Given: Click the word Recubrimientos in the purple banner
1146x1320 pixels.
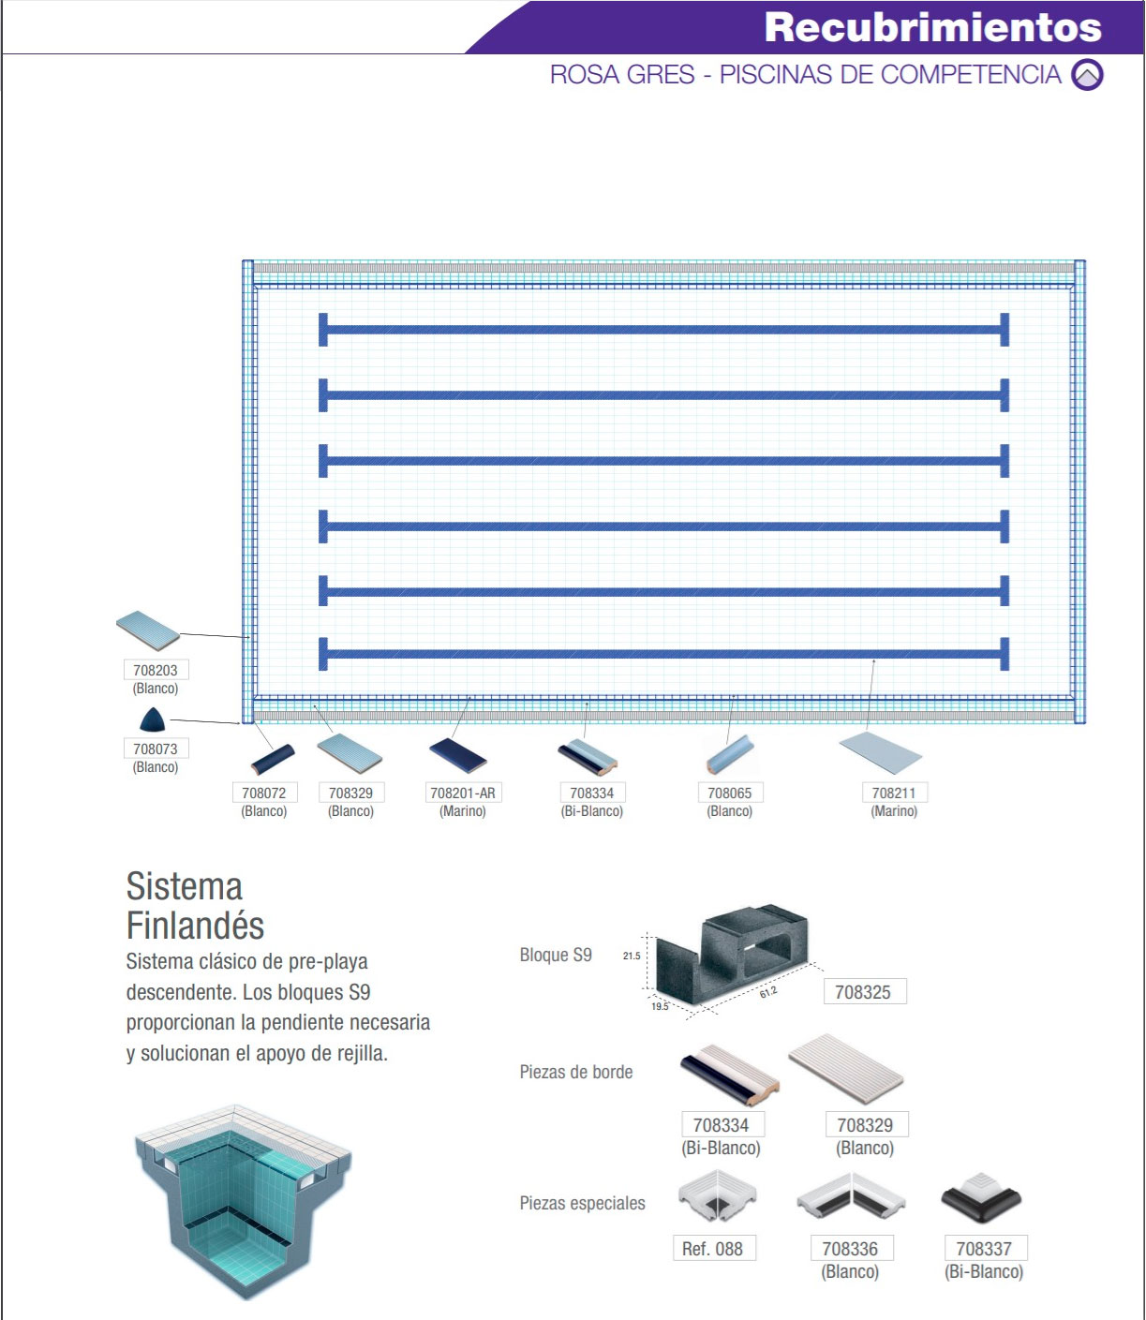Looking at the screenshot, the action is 933,28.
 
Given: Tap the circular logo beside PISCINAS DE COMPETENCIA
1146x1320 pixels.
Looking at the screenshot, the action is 1087,75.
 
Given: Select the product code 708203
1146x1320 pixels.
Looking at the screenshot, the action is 156,671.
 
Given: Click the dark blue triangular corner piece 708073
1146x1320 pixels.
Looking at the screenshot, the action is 153,719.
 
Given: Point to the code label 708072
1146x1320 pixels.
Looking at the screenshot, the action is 264,793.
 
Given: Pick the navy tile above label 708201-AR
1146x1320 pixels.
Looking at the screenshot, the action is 458,755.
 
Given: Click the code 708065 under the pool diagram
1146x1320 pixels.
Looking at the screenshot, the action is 730,793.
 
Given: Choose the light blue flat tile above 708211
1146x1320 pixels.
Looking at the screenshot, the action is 881,753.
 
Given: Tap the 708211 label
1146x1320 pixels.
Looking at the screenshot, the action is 894,793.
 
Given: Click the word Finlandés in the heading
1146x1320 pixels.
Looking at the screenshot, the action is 196,926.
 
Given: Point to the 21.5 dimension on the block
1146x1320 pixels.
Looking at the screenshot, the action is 632,957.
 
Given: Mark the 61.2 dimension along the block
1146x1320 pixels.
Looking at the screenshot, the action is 767,991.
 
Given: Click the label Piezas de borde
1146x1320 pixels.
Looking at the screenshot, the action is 576,1073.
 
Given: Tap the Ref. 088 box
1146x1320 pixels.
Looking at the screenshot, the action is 714,1249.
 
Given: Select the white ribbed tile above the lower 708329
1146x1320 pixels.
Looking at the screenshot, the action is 846,1070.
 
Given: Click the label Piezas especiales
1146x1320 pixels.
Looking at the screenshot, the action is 583,1203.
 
